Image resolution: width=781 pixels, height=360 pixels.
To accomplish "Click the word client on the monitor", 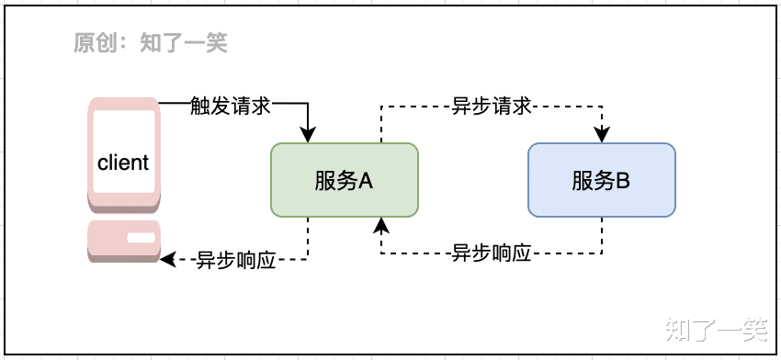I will coord(122,163).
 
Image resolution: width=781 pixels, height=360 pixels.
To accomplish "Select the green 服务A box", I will coord(344,180).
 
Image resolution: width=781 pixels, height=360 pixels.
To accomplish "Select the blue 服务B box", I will coord(601,180).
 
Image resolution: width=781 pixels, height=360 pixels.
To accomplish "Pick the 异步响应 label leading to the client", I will coord(235,260).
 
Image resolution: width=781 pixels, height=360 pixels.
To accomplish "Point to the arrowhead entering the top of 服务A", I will coord(308,136).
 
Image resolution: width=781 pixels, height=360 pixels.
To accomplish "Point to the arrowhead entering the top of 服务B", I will coord(602,136).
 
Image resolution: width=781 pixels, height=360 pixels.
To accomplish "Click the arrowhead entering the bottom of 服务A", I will coord(381,225).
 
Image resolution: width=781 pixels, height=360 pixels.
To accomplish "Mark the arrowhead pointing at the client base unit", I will coord(167,260).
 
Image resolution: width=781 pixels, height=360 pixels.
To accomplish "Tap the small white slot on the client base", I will coord(141,239).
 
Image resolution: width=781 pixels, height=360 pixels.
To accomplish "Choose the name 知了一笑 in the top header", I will coord(183,42).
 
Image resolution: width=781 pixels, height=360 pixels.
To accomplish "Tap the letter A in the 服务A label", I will coord(365,180).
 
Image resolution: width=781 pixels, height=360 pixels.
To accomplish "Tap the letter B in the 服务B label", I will coord(622,180).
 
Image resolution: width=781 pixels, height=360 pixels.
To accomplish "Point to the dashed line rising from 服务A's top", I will coord(381,125).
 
